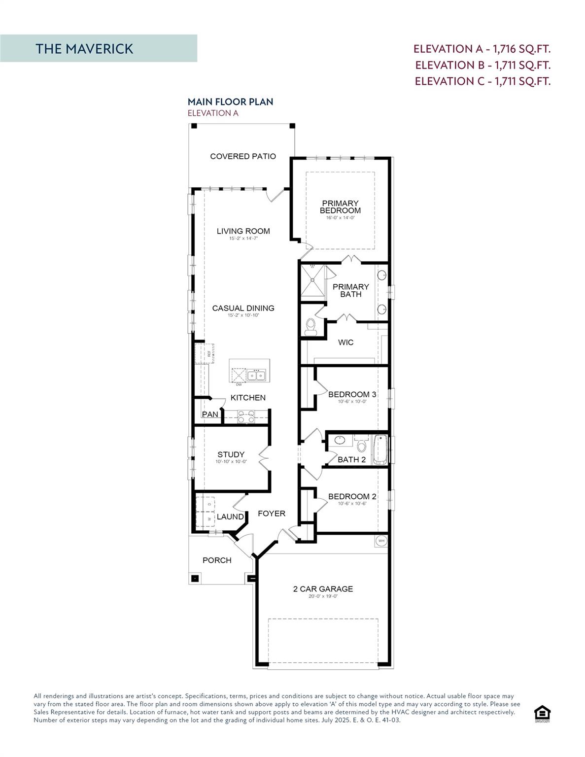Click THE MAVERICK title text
[x=84, y=49]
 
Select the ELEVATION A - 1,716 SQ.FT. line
[x=482, y=49]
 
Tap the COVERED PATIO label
[x=243, y=156]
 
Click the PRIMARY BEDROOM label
[x=340, y=207]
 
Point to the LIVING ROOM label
[x=243, y=231]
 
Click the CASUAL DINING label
[x=243, y=308]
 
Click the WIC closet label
[x=345, y=342]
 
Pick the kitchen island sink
[x=256, y=376]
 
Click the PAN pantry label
[x=210, y=414]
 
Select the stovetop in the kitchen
[x=245, y=417]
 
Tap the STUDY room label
[x=231, y=454]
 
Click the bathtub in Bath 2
[x=379, y=449]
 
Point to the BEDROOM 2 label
[x=352, y=496]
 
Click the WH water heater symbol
[x=381, y=541]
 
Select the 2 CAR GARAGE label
[x=323, y=588]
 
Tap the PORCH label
[x=217, y=560]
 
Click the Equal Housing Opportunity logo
[x=542, y=713]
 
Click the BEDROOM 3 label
[x=352, y=394]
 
